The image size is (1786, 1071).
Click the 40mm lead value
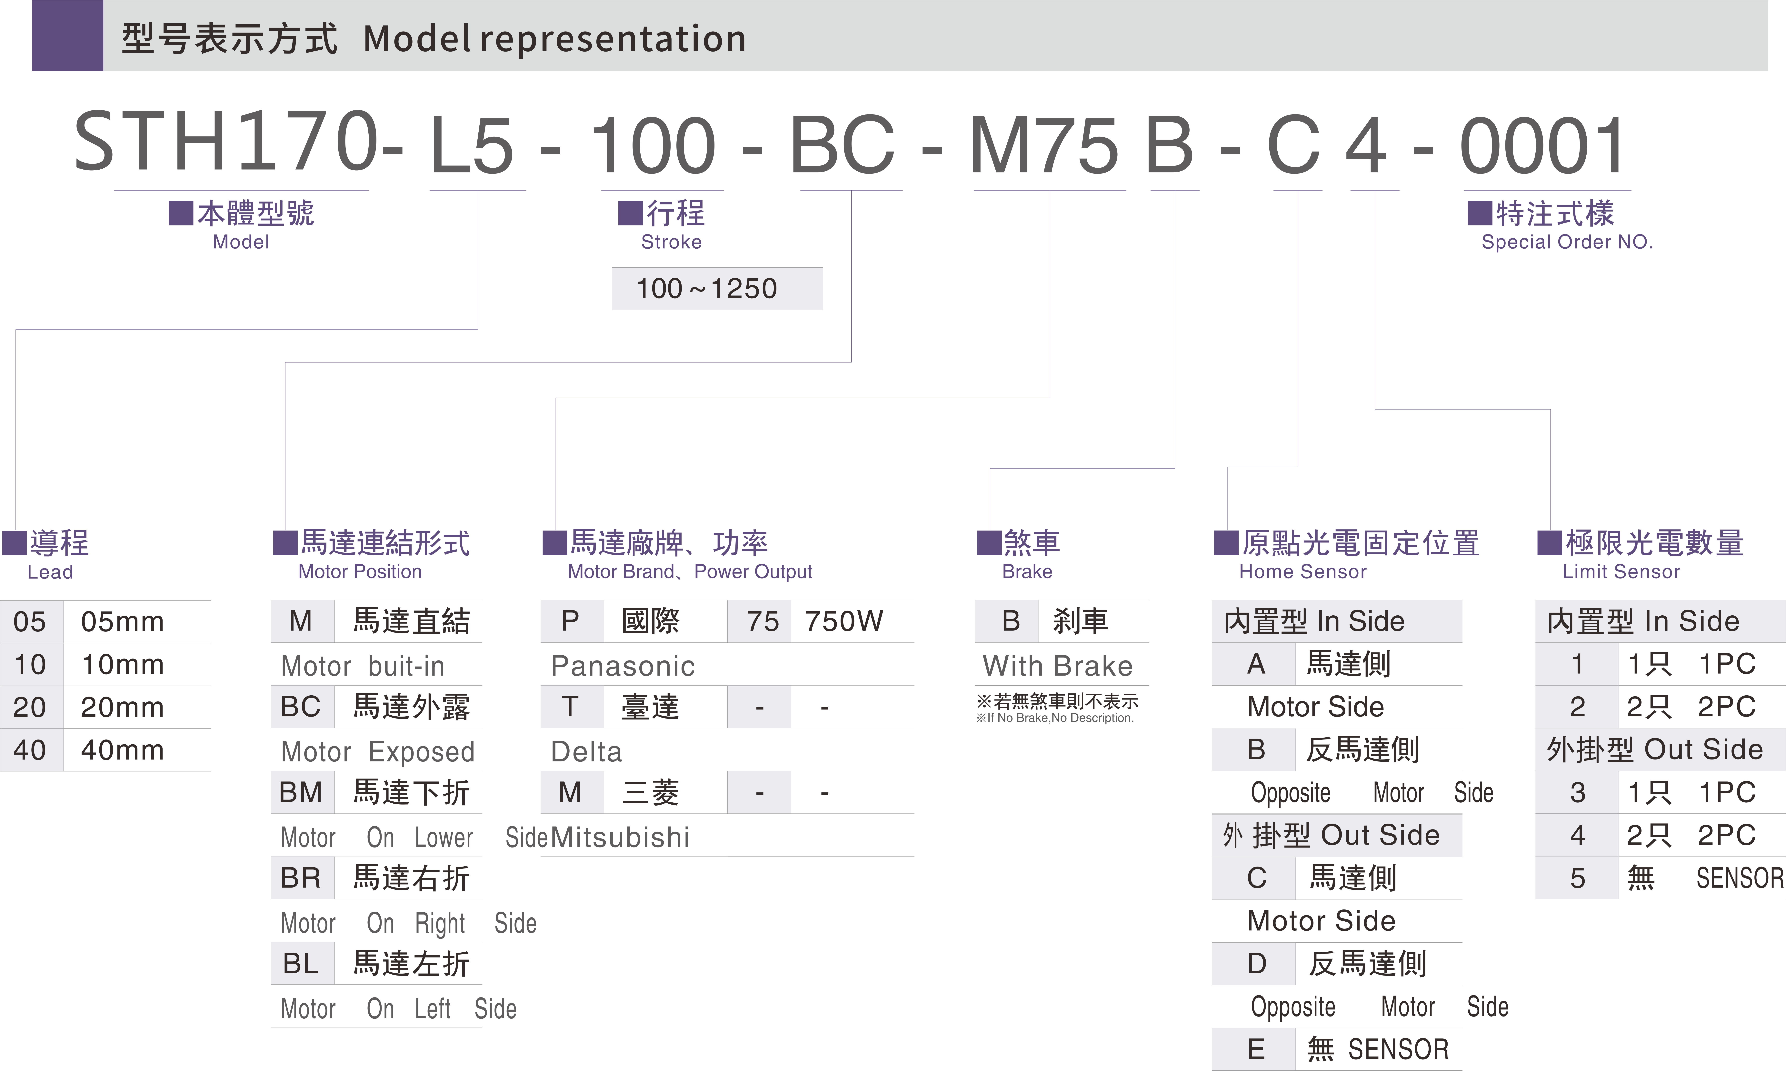point(122,750)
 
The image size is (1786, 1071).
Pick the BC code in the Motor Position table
point(301,707)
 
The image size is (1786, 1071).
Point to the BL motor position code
point(301,963)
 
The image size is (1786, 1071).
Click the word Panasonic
point(623,665)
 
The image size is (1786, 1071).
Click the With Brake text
point(1057,665)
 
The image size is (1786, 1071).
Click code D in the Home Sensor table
point(1256,963)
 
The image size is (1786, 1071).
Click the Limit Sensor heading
point(1621,572)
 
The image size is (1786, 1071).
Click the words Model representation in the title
point(554,38)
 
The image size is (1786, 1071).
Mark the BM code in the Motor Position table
point(301,792)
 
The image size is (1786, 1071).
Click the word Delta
point(586,751)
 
